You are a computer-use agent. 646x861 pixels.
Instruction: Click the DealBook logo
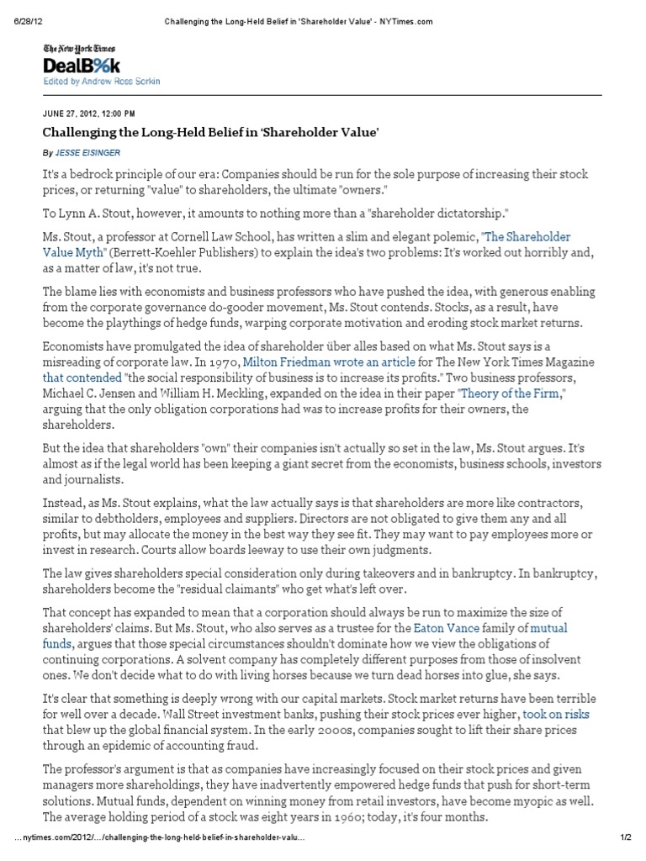tap(82, 66)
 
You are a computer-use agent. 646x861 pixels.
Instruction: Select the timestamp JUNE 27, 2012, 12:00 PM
tap(89, 113)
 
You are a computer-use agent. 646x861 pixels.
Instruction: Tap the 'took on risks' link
tap(556, 714)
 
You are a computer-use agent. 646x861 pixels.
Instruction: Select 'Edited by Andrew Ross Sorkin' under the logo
tap(102, 82)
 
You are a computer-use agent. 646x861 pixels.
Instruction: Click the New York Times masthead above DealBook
tap(80, 50)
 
